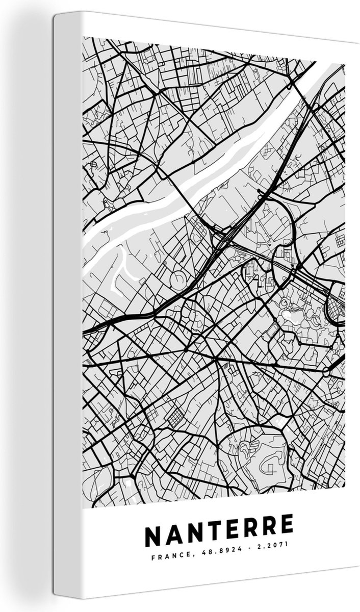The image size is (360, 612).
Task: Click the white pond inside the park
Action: [292, 317]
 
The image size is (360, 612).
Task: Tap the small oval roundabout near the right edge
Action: [327, 372]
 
